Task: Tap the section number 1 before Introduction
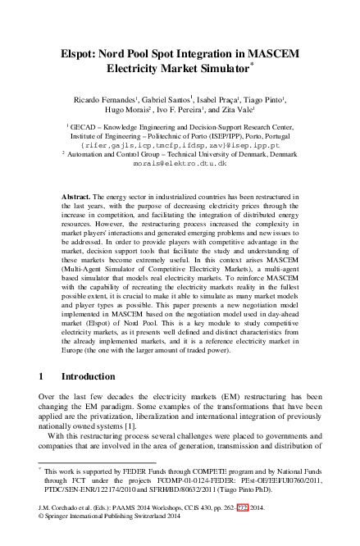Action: [x=42, y=375]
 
